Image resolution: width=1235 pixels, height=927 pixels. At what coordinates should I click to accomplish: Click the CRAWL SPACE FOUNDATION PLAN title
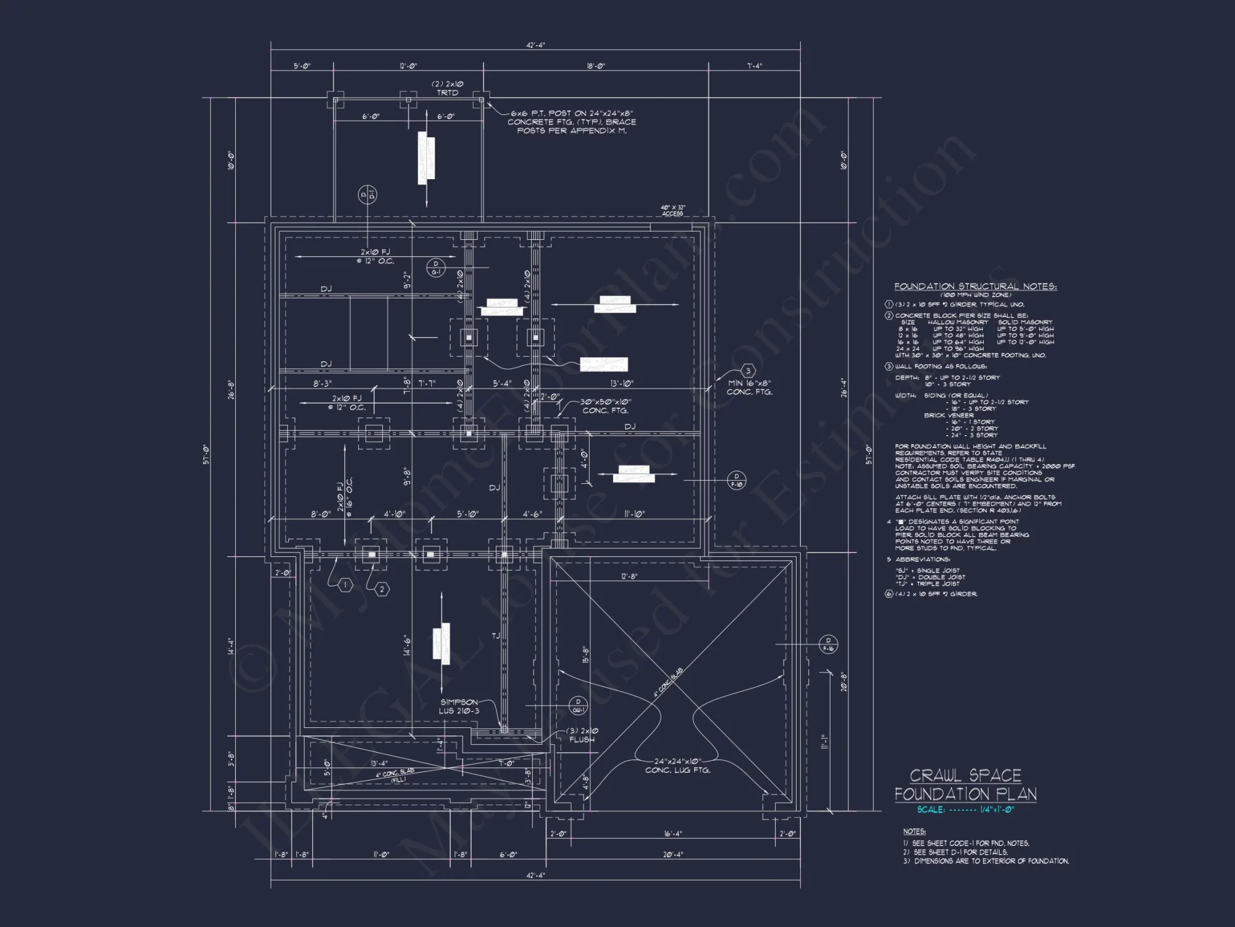point(965,785)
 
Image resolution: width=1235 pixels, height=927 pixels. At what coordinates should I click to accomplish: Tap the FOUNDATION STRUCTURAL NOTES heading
point(975,287)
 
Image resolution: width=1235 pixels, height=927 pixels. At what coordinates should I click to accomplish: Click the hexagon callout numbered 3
point(748,371)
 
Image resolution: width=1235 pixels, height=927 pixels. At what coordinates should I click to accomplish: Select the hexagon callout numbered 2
point(382,590)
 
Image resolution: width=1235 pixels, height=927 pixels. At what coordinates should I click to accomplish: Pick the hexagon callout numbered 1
point(345,585)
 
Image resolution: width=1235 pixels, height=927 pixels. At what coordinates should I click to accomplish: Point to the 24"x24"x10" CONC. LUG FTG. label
point(677,766)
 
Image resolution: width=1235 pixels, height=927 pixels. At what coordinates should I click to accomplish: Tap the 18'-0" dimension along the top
point(595,66)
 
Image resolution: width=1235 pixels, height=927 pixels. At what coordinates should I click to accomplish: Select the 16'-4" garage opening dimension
point(672,834)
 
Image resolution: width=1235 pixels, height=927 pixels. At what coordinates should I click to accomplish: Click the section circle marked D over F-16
point(828,645)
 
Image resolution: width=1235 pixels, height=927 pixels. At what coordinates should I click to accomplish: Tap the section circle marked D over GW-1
point(578,706)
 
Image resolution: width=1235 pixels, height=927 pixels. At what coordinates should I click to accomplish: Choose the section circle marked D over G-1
point(436,268)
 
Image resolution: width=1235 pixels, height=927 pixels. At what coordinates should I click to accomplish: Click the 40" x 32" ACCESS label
point(672,211)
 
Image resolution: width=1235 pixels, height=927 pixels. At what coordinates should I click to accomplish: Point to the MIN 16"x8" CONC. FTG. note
point(749,387)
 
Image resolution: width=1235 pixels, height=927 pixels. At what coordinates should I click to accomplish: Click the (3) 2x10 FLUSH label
point(582,735)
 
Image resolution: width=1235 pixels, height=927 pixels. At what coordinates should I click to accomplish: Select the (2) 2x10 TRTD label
point(447,88)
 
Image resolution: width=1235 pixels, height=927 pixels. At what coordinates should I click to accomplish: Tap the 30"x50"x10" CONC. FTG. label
point(605,406)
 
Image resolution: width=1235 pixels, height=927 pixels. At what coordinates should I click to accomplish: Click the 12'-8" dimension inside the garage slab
point(629,576)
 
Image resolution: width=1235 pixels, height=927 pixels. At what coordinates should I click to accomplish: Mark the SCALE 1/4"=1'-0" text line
point(965,810)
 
